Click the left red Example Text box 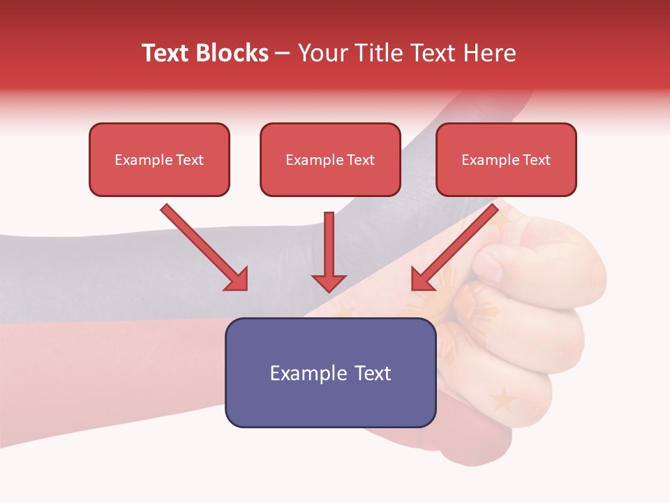pos(159,160)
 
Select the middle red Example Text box pos(330,160)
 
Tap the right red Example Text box pos(506,160)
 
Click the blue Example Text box pos(330,372)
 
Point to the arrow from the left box pos(202,246)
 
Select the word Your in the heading pos(320,53)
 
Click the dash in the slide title pos(283,54)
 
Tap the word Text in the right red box pos(536,160)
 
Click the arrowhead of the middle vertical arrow pos(329,282)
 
